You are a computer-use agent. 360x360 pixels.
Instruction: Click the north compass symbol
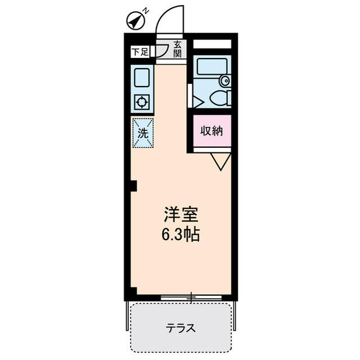pos(135,21)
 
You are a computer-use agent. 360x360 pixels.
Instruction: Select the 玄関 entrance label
pos(177,49)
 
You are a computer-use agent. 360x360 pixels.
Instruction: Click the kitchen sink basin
pos(142,78)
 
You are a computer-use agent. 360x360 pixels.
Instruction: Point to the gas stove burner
pos(142,102)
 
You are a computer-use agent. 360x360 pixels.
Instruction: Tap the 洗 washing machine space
pos(143,133)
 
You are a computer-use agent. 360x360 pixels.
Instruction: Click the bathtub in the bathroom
pos(211,67)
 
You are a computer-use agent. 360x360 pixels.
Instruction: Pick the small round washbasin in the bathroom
pos(225,80)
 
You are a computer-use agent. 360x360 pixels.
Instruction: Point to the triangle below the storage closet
pos(220,162)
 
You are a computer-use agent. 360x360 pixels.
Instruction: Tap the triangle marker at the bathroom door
pos(197,102)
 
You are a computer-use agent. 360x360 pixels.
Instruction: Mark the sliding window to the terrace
pos(191,296)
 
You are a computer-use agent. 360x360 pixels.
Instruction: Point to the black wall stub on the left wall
pos(133,186)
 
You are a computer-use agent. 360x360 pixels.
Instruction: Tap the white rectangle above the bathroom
pos(212,43)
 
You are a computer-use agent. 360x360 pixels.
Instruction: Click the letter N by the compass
pos(145,10)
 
